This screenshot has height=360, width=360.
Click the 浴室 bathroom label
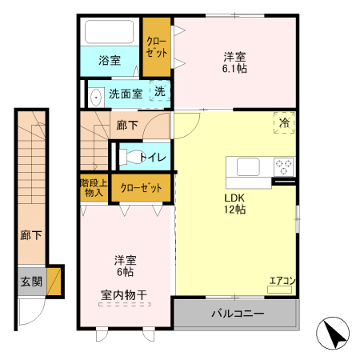[x=109, y=60]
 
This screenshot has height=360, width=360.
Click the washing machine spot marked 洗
[x=160, y=92]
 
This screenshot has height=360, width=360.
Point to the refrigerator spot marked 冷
[x=284, y=122]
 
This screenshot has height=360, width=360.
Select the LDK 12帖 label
[x=234, y=203]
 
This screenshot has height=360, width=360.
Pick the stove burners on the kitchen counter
[x=284, y=167]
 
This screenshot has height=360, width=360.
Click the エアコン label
[x=282, y=280]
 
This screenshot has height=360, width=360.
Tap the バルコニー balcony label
[x=237, y=313]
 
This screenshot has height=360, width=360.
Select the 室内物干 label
[x=124, y=295]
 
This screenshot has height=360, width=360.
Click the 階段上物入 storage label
[x=94, y=188]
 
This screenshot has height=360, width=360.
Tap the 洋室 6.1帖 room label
[x=234, y=62]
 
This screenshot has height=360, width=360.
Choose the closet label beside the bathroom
[x=157, y=47]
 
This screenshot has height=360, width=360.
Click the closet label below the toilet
[x=139, y=188]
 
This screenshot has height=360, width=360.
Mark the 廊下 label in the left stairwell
[x=31, y=236]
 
